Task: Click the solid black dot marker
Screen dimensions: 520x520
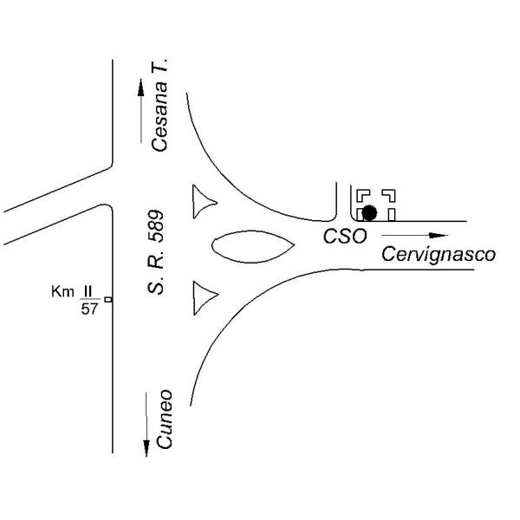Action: coord(369,212)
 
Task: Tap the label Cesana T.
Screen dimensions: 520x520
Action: coord(159,105)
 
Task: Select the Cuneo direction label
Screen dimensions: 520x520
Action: coord(165,419)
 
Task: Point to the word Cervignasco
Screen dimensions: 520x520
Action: coord(439,255)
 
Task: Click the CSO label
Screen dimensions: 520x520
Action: coord(345,237)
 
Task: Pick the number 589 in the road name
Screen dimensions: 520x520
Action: coord(156,226)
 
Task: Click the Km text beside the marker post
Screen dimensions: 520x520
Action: coord(62,292)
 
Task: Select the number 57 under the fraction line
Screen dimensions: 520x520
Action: coord(89,309)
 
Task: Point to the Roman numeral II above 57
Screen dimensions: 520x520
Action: coord(88,292)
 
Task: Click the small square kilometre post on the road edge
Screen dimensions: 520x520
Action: coord(108,300)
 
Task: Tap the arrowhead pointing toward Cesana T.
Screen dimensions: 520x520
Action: coord(141,88)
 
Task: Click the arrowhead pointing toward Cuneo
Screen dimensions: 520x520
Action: coord(146,448)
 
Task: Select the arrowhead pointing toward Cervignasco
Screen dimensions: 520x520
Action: coord(438,236)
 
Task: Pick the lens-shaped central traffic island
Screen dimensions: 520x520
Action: coord(253,246)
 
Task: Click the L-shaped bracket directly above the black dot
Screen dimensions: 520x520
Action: coord(360,192)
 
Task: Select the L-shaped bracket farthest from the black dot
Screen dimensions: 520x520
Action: coord(392,192)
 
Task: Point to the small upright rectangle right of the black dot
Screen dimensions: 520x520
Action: coord(392,215)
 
